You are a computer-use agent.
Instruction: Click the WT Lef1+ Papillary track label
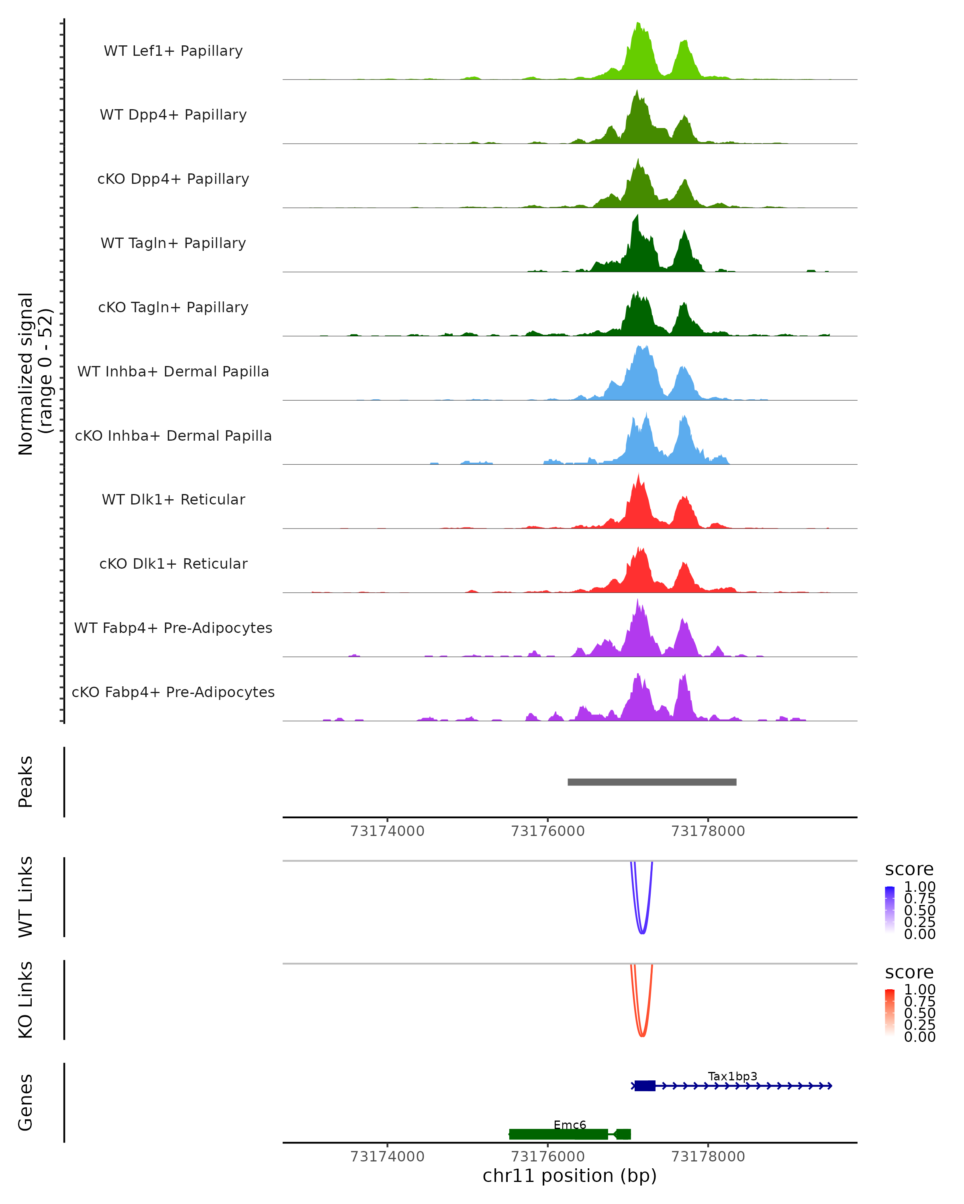[173, 51]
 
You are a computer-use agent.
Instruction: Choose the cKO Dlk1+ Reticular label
[173, 563]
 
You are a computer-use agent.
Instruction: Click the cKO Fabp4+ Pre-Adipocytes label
[173, 692]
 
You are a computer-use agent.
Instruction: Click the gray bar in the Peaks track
[652, 782]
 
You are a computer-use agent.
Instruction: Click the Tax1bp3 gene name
[732, 1076]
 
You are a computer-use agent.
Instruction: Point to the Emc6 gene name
[570, 1125]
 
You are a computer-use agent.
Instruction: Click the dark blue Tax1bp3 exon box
[645, 1086]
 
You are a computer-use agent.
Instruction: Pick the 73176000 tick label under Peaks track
[547, 831]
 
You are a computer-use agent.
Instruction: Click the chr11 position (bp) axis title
[570, 1176]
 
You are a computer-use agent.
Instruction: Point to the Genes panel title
[26, 1102]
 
